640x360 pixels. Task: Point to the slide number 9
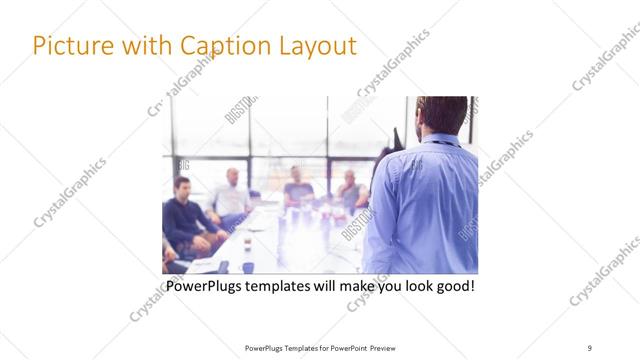click(x=589, y=347)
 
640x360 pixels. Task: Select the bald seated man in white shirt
click(x=232, y=195)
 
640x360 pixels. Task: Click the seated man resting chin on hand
click(x=350, y=190)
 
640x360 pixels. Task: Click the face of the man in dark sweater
click(x=183, y=188)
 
